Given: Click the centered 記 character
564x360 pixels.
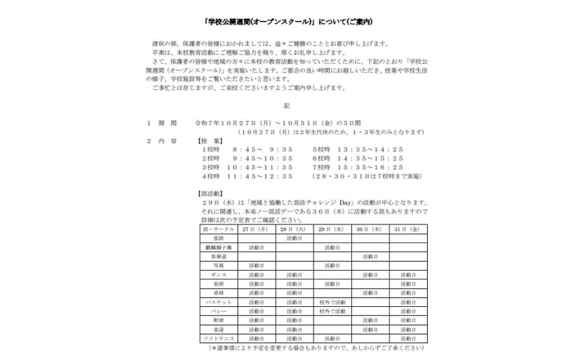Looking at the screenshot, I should click(286, 105).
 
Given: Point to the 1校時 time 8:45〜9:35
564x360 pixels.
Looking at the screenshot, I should click(262, 150).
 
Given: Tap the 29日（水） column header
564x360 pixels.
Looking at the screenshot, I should click(332, 229).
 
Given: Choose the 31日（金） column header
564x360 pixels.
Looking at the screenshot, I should click(408, 229).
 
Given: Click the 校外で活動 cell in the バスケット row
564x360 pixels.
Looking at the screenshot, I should click(332, 302).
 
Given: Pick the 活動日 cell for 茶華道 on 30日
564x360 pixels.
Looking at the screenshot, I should click(370, 257).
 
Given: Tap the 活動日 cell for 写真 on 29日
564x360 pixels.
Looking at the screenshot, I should click(332, 265).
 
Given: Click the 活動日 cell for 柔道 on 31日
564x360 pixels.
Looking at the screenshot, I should click(408, 329).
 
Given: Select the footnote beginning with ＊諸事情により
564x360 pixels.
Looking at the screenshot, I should click(316, 348).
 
